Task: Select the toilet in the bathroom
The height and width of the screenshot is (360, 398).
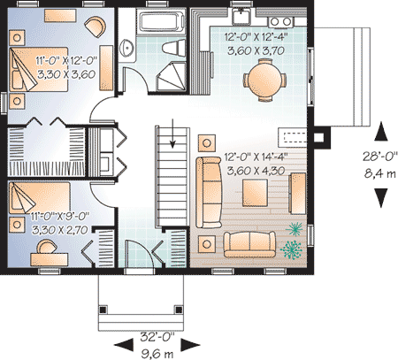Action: [x=174, y=48]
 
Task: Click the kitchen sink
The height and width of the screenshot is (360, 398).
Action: [x=241, y=16]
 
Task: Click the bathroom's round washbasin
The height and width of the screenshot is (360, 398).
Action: [x=127, y=47]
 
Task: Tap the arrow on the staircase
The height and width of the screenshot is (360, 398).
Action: [x=172, y=133]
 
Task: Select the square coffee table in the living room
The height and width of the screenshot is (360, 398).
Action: [x=255, y=193]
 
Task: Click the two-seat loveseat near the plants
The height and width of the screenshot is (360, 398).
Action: [x=249, y=244]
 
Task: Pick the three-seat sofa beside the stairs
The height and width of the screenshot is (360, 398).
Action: [x=209, y=193]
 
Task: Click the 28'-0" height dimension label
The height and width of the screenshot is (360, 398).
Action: [x=380, y=156]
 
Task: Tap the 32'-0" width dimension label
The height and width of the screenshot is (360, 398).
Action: [x=157, y=337]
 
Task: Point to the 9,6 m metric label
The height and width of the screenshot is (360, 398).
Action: [x=157, y=353]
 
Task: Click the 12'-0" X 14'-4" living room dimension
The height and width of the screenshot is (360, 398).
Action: [x=256, y=157]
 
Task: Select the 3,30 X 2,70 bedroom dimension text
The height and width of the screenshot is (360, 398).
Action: [x=60, y=230]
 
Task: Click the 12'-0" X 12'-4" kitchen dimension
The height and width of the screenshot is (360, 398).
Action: [x=256, y=37]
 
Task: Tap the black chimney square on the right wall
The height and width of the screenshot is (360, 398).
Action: [x=318, y=137]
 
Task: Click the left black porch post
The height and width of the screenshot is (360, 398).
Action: [x=103, y=310]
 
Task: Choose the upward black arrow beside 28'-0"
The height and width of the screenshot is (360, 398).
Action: [x=381, y=131]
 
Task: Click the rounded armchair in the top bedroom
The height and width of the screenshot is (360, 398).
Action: [x=96, y=27]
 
